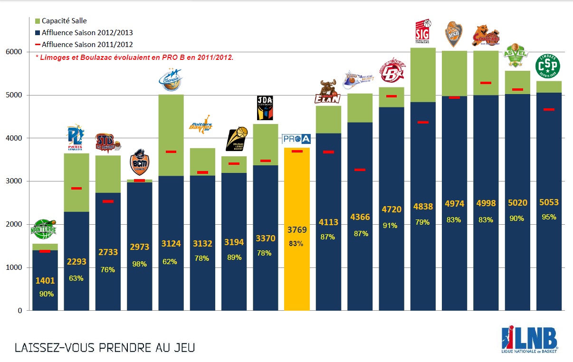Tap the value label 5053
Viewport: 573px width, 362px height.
point(549,202)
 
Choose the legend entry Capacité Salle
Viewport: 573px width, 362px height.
point(64,21)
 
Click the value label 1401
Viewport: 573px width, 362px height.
point(45,281)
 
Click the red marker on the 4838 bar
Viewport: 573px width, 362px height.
point(423,123)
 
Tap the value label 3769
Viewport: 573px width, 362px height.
point(296,230)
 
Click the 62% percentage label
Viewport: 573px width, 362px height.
point(170,261)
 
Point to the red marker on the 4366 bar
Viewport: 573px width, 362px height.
point(360,170)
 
